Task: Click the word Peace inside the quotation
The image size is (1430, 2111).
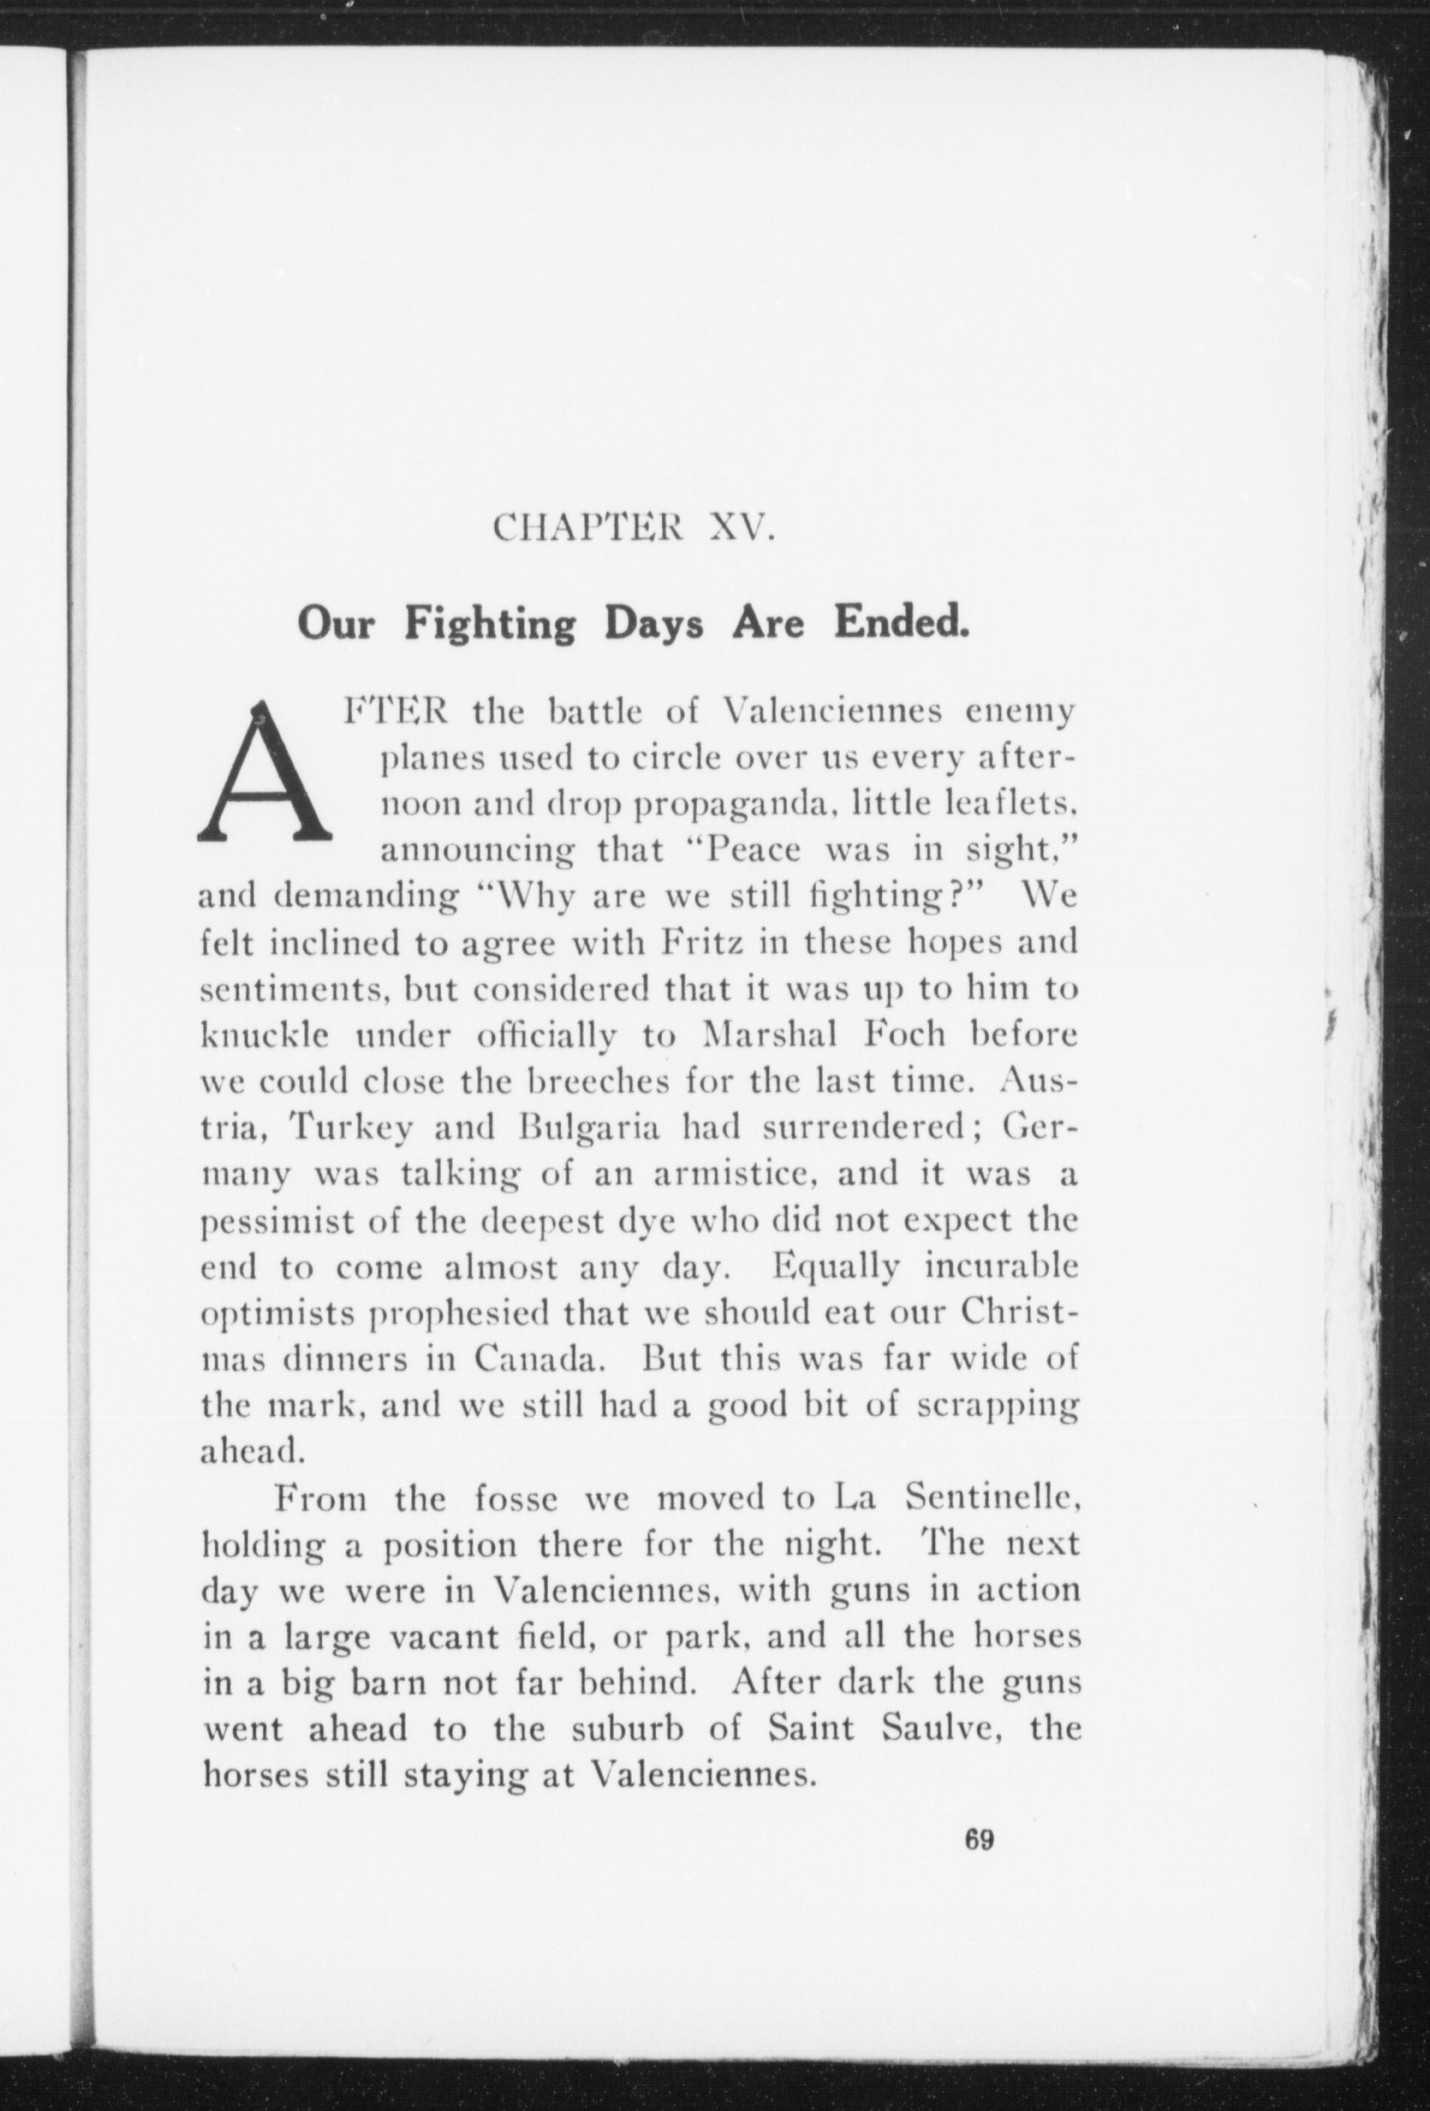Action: tap(753, 851)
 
